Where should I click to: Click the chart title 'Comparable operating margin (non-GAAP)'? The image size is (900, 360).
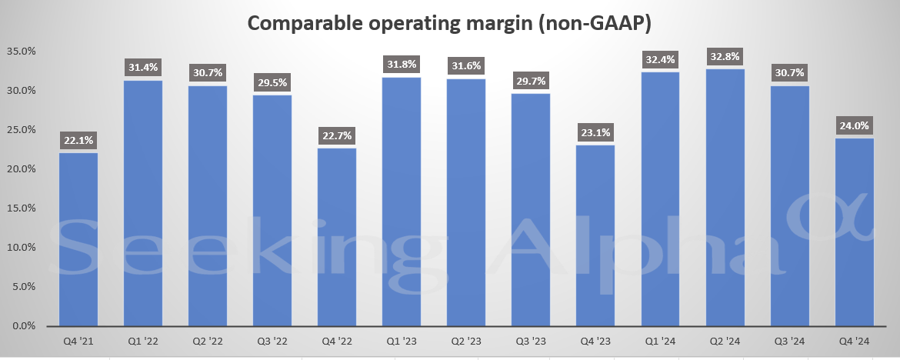click(449, 24)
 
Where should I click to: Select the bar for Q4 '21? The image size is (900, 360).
click(78, 238)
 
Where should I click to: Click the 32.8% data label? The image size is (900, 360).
click(724, 56)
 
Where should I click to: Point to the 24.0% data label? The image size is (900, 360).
click(853, 125)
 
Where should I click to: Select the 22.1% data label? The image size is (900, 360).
click(78, 140)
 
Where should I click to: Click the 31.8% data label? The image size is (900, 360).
click(402, 65)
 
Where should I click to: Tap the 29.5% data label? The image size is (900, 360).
click(272, 82)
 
